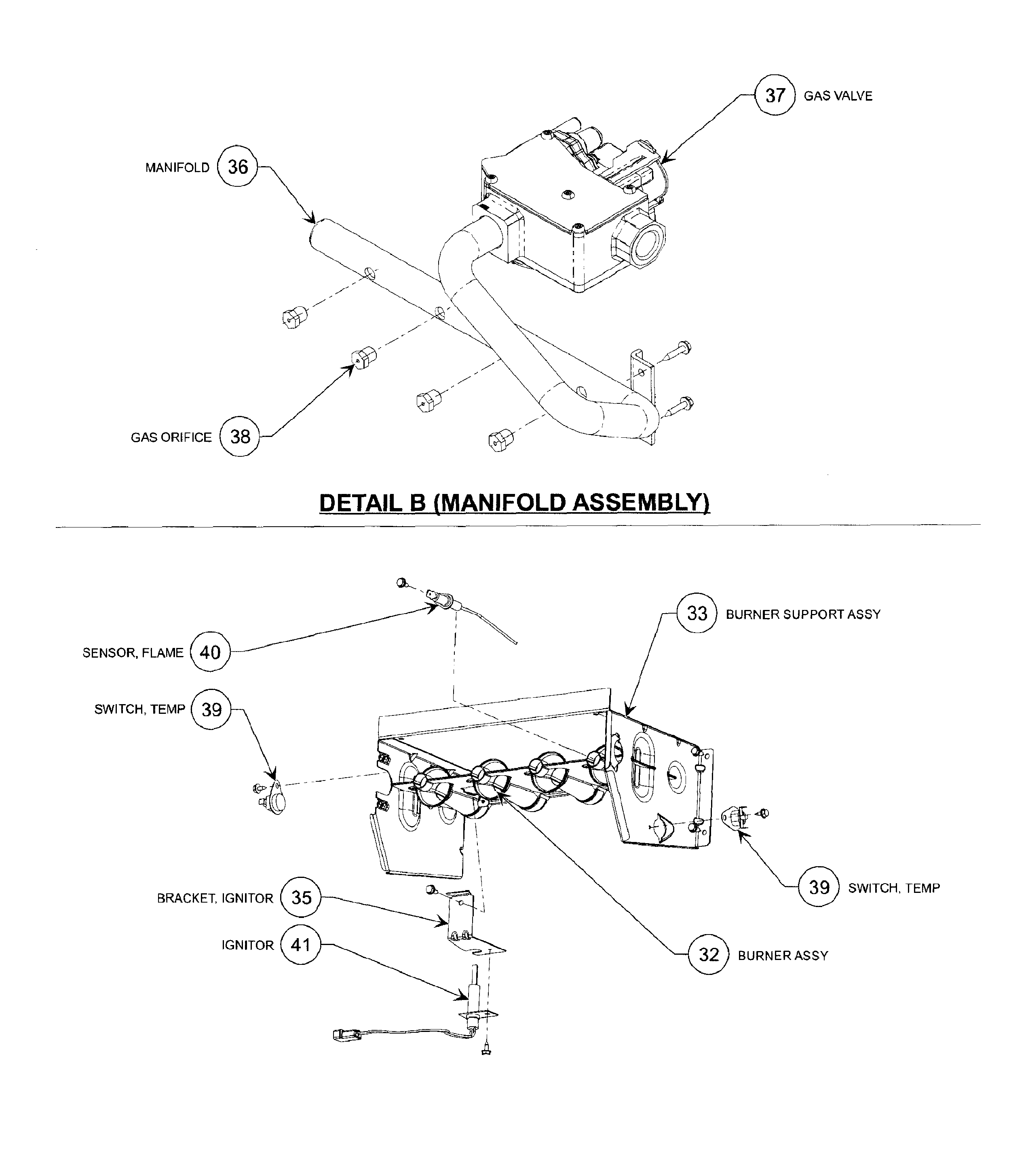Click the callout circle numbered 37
coord(775,95)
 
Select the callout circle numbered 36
coord(237,167)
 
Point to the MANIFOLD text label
coord(177,168)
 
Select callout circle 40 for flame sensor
coord(210,652)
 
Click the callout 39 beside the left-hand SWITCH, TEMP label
coord(211,709)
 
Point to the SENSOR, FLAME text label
coord(133,653)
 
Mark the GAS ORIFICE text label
coord(171,437)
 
